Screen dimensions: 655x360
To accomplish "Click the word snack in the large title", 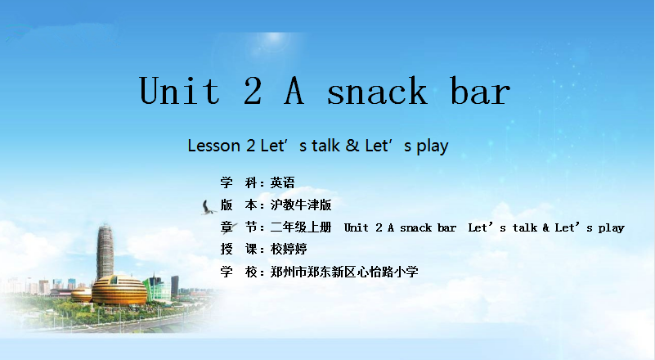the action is [x=377, y=91].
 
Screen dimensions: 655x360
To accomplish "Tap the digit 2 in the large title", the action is [x=253, y=90].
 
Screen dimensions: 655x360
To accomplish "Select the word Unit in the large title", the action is [x=179, y=90].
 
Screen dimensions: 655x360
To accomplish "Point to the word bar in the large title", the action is [x=480, y=90].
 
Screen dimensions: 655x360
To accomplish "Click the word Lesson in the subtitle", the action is [x=213, y=146].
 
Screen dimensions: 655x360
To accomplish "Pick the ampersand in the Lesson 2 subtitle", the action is [x=352, y=146].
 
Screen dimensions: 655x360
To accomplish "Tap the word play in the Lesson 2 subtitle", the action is [x=433, y=146].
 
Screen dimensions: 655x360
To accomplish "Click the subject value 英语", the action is [x=282, y=182].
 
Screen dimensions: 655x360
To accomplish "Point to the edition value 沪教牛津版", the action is [x=301, y=205].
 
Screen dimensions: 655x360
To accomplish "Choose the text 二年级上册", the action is [x=301, y=227].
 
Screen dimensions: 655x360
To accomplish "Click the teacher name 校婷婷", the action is [x=289, y=250].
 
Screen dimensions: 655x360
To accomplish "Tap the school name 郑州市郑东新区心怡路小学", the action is [x=344, y=272].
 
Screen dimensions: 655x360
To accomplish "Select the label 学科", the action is [x=239, y=182].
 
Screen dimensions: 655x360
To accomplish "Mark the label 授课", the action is [x=239, y=250].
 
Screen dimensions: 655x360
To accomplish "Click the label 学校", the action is [x=239, y=272].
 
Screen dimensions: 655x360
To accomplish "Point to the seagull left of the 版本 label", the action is [x=208, y=208].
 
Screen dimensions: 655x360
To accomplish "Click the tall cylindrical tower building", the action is [x=105, y=252].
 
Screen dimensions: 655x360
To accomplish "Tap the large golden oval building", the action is [x=119, y=290].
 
